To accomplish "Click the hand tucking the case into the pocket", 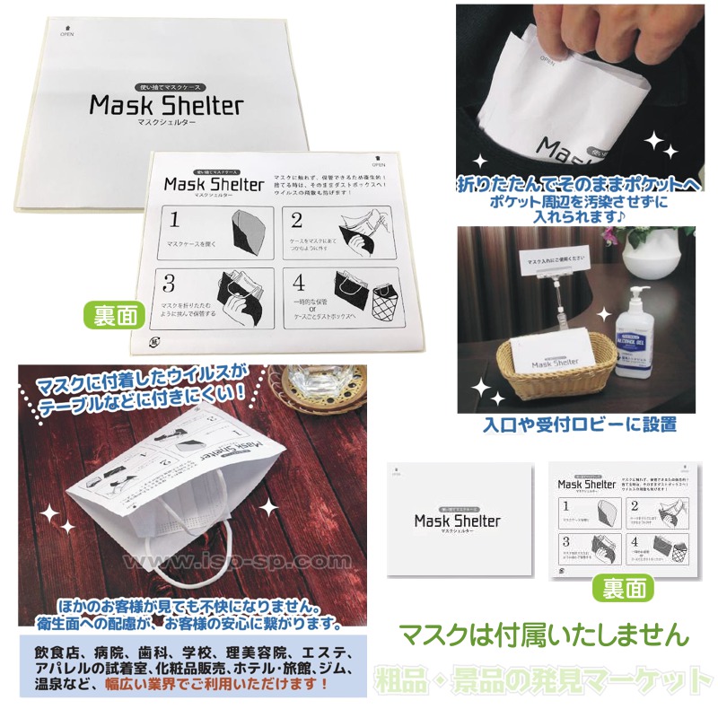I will [565, 36].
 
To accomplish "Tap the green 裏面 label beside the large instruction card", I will [115, 315].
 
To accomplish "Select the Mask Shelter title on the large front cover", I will [166, 106].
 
